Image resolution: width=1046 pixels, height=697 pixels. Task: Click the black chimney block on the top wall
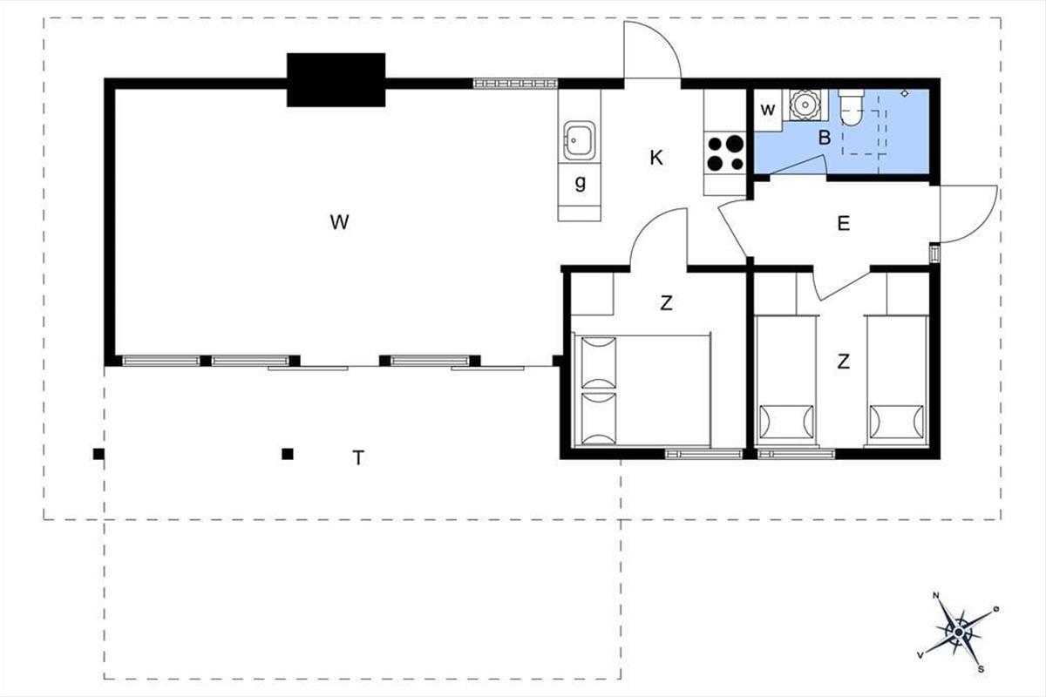click(x=336, y=80)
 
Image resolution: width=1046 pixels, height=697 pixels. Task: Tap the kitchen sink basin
click(x=579, y=140)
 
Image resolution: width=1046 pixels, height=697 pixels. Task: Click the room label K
click(x=656, y=159)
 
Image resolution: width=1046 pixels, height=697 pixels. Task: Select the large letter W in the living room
click(x=339, y=222)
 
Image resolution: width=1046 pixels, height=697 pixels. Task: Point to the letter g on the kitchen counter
click(x=580, y=183)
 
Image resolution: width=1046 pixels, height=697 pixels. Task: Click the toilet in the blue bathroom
click(x=852, y=108)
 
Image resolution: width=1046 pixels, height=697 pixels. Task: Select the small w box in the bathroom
click(x=768, y=110)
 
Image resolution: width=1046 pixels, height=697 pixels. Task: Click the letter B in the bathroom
click(x=825, y=138)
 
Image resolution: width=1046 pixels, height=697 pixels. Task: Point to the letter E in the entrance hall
click(x=844, y=224)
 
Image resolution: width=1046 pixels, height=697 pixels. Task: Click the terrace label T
click(x=358, y=458)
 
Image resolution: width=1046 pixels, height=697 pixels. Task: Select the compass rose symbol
click(x=958, y=633)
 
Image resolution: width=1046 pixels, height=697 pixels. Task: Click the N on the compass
click(x=935, y=595)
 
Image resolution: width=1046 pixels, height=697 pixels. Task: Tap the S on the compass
click(x=981, y=669)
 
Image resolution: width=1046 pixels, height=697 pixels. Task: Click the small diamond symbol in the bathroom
click(x=905, y=93)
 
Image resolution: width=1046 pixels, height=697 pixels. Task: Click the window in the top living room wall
click(x=515, y=84)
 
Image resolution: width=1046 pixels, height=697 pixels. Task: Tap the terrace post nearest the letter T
click(x=288, y=454)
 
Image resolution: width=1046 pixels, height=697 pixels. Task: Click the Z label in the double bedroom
click(x=666, y=303)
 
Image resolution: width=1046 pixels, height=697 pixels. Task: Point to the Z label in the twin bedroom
click(x=844, y=362)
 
